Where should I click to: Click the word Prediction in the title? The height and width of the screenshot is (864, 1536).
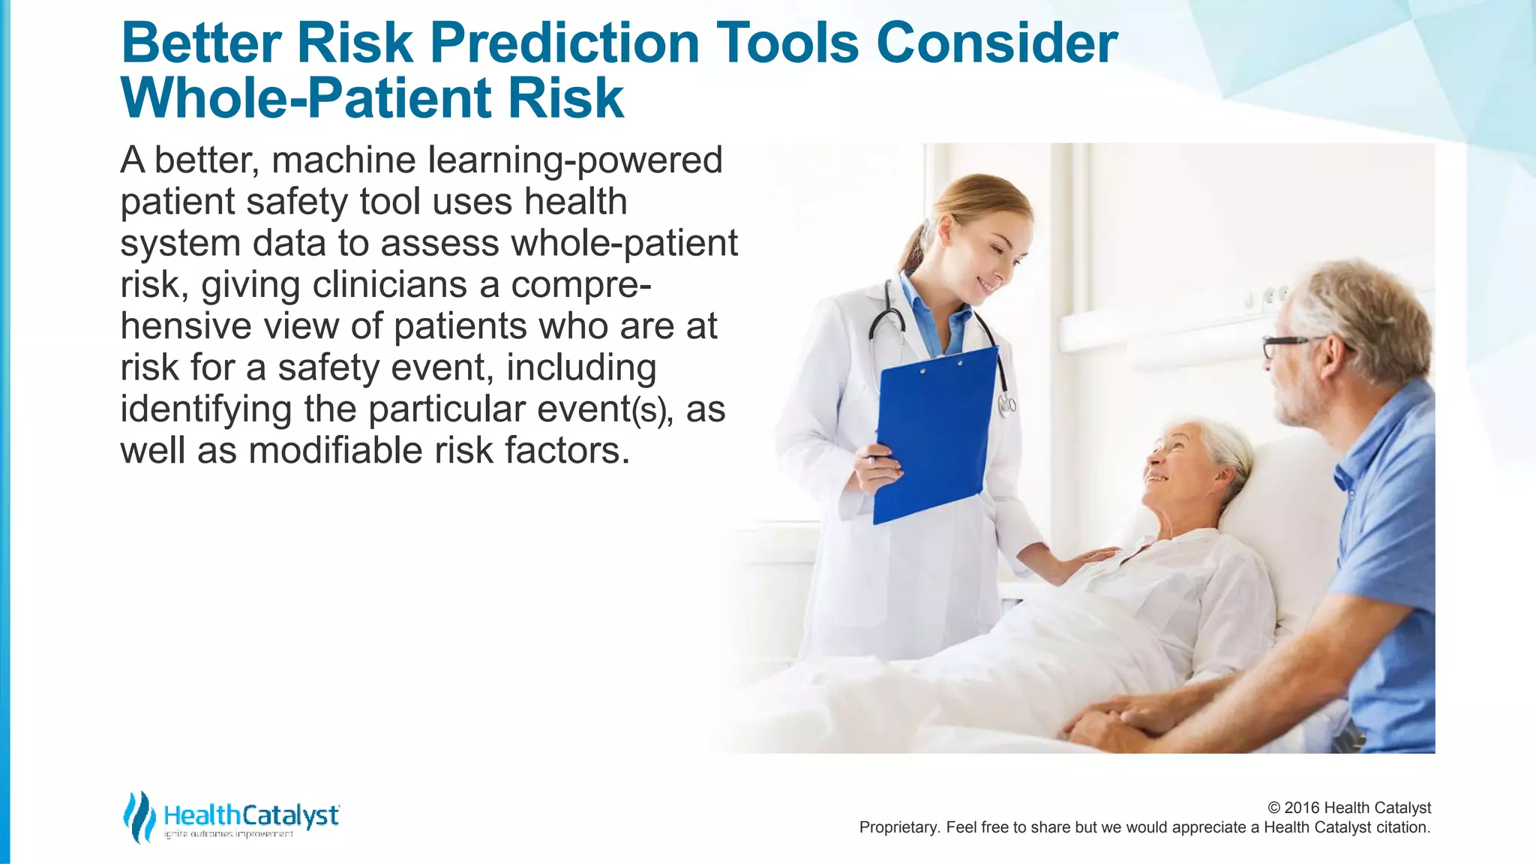(x=564, y=43)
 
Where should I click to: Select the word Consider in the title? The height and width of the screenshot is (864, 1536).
(x=997, y=43)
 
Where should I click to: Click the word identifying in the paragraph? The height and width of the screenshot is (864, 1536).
(x=205, y=409)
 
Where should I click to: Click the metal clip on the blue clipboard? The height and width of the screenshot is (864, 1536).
(x=941, y=367)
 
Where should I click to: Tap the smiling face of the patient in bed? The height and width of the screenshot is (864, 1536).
(x=1177, y=459)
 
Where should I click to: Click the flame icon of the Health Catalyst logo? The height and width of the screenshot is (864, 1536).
(x=138, y=817)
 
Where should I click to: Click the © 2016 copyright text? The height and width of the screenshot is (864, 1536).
(x=1348, y=808)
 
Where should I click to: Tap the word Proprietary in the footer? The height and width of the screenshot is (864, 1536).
(x=898, y=828)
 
